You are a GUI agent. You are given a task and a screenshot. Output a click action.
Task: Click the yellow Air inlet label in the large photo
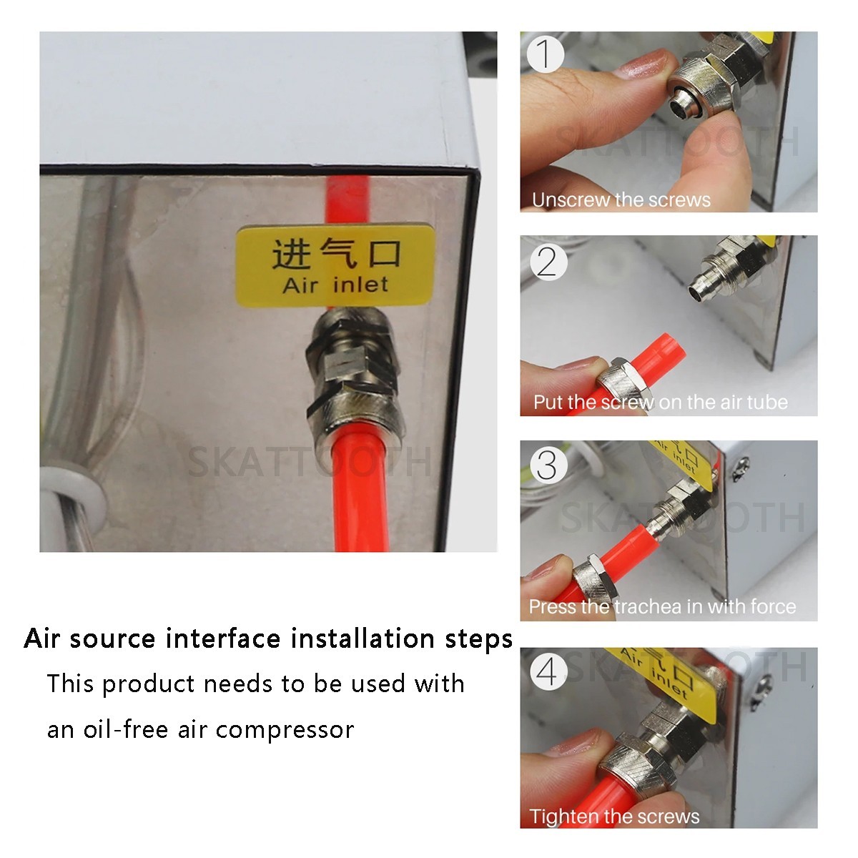(335, 266)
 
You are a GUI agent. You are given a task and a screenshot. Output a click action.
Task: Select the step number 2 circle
(548, 262)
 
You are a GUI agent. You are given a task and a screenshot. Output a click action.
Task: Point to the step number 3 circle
(547, 465)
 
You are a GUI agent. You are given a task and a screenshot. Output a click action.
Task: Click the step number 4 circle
(548, 671)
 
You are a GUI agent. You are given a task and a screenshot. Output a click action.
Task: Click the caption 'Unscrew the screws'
(621, 200)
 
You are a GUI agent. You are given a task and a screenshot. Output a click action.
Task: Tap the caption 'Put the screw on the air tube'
(661, 403)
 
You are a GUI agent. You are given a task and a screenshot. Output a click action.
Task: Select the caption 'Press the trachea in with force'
(663, 606)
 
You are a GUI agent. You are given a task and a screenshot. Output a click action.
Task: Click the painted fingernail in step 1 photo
(642, 64)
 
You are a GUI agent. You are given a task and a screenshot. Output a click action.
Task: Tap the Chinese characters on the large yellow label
(337, 254)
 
